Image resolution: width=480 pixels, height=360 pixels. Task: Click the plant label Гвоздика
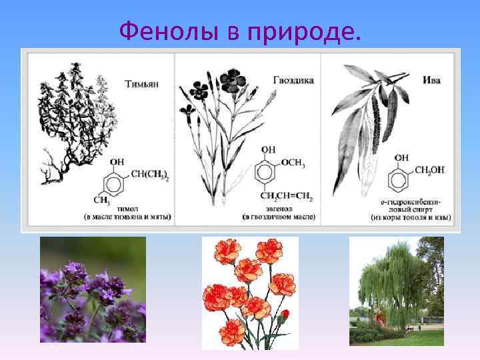293,80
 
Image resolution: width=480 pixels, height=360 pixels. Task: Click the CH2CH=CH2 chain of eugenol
286,197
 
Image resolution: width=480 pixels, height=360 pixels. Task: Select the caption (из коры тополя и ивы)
411,217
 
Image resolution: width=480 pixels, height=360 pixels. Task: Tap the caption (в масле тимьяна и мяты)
127,217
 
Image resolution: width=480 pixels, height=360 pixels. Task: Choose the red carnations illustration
250,292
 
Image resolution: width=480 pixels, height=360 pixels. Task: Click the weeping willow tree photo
396,291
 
